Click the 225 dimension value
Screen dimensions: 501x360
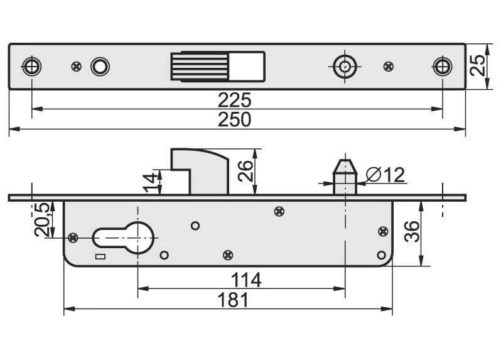[x=235, y=100]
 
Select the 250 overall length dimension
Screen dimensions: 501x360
[x=235, y=119]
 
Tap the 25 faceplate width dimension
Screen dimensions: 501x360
[x=478, y=65]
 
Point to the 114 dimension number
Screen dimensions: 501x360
[x=246, y=280]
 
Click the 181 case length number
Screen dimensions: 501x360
[x=233, y=300]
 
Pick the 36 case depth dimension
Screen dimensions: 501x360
[x=412, y=231]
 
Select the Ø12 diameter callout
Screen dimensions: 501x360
[x=385, y=175]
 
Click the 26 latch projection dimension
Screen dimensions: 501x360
[x=245, y=171]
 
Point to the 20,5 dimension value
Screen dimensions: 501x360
[x=42, y=219]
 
